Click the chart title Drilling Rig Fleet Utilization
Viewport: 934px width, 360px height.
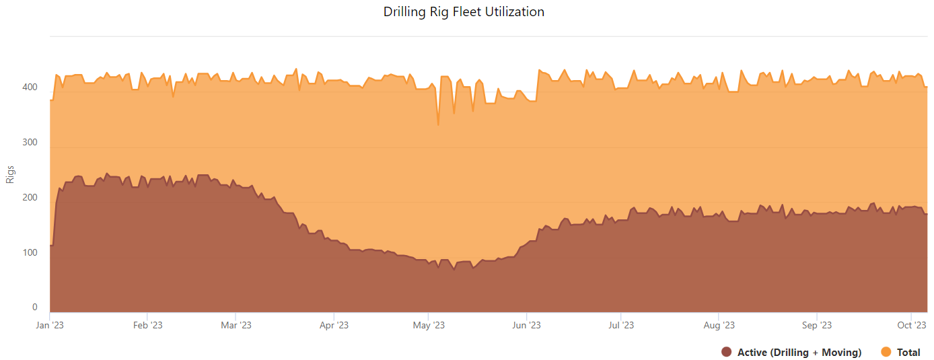pyautogui.click(x=464, y=12)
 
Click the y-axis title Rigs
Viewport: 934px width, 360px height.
pyautogui.click(x=10, y=174)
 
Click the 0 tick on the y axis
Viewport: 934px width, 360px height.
pyautogui.click(x=35, y=308)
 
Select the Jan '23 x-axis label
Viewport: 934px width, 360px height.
pyautogui.click(x=50, y=326)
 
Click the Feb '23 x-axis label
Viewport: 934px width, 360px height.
pyautogui.click(x=147, y=326)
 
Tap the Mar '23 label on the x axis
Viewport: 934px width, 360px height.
pyautogui.click(x=236, y=326)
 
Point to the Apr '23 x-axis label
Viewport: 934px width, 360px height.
pyautogui.click(x=334, y=326)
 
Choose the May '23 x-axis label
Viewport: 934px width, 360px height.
pyautogui.click(x=429, y=326)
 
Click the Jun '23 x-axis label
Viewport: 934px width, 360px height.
pyautogui.click(x=526, y=326)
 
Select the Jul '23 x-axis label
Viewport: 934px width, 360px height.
pyautogui.click(x=621, y=326)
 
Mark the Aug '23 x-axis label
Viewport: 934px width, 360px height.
pyautogui.click(x=719, y=326)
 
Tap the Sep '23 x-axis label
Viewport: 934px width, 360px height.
pyautogui.click(x=816, y=326)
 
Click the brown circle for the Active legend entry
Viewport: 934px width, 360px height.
pyautogui.click(x=726, y=353)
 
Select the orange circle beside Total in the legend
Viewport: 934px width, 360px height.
pyautogui.click(x=886, y=353)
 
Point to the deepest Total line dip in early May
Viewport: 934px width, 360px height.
pyautogui.click(x=438, y=124)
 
